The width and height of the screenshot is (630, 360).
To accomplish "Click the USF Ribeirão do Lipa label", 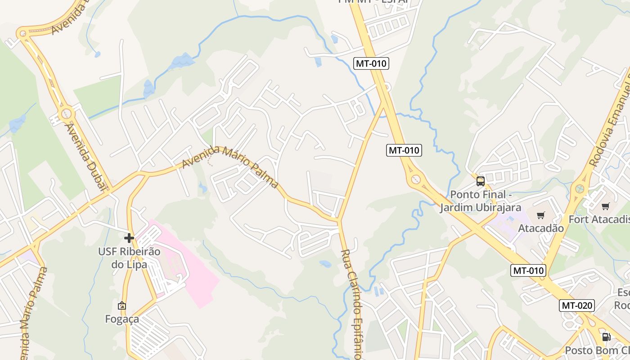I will point(129,258).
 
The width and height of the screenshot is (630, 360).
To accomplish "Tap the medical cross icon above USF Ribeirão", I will point(129,238).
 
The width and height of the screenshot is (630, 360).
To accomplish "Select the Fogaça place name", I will point(122,319).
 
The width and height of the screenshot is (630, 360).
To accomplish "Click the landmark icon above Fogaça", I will point(121,306).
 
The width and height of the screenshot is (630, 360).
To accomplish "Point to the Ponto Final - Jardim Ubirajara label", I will point(481,201).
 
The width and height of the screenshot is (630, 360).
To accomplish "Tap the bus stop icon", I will point(481,181).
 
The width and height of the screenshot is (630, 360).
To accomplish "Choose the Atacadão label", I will point(540,228).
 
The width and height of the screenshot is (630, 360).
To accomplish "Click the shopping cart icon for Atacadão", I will point(540,215).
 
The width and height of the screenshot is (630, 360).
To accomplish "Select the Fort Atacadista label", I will point(599,219).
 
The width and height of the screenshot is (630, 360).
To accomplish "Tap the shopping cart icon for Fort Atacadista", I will point(605,206).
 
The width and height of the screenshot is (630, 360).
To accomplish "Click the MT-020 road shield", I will point(577,306).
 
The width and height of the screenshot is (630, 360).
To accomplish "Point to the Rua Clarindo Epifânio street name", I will point(351,304).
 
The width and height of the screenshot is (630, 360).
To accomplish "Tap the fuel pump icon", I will point(606,337).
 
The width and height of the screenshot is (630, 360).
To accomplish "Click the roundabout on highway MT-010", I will point(415,179).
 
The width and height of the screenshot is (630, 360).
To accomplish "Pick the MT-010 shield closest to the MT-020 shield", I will point(528,270).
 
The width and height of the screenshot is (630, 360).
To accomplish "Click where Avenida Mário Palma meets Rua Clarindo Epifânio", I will point(339,220).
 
